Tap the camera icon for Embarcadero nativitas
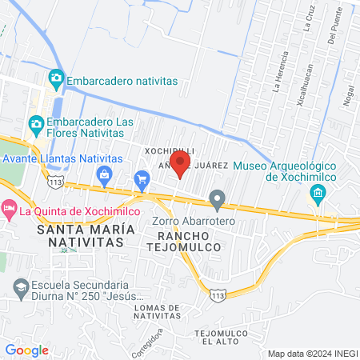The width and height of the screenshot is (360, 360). pos(56,78)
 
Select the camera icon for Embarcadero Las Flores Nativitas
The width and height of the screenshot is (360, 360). pos(36,123)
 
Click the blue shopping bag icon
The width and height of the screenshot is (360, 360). pos(103,174)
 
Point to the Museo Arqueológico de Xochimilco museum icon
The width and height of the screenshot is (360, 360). pos(318,193)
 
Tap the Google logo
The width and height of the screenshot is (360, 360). pos(26,350)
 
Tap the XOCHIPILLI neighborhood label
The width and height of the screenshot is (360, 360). pos(169,150)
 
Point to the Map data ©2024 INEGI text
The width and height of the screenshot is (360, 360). pos(311,353)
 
